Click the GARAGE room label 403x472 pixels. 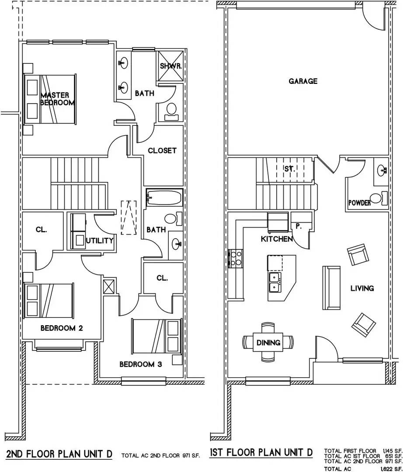(x=303, y=81)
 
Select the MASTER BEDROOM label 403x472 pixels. (x=57, y=99)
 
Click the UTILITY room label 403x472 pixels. (x=100, y=240)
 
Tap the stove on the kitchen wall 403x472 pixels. (x=232, y=258)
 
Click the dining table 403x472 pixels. (x=268, y=342)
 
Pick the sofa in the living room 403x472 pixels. (x=331, y=287)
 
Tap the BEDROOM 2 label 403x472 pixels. (x=62, y=328)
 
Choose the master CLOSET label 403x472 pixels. (x=162, y=150)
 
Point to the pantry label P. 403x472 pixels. (x=299, y=227)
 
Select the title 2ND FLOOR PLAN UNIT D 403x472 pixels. (x=59, y=454)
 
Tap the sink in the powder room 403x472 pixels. (x=382, y=170)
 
